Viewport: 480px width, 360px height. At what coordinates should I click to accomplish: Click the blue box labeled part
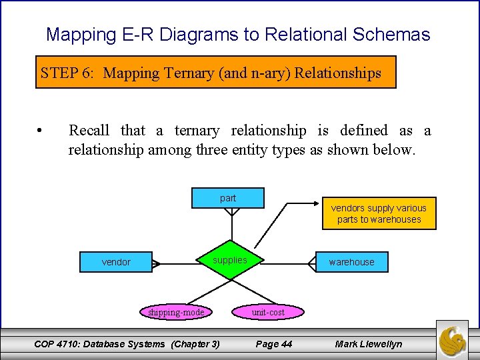[x=228, y=198]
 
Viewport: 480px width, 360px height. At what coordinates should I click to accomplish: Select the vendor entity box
[x=116, y=262]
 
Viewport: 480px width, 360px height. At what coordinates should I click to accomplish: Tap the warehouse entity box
[x=351, y=262]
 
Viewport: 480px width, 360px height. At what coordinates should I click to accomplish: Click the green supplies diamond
[x=230, y=261]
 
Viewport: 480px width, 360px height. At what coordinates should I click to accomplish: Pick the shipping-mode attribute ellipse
[x=176, y=312]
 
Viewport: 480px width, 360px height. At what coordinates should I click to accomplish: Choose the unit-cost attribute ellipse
[x=268, y=312]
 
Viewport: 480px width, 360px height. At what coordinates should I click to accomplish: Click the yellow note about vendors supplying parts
[x=379, y=213]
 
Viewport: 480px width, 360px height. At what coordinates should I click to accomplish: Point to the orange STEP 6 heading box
[x=216, y=73]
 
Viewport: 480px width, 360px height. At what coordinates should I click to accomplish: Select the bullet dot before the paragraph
[x=41, y=131]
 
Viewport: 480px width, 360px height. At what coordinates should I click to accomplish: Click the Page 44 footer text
[x=274, y=344]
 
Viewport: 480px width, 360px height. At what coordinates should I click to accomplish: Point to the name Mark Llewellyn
[x=369, y=344]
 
